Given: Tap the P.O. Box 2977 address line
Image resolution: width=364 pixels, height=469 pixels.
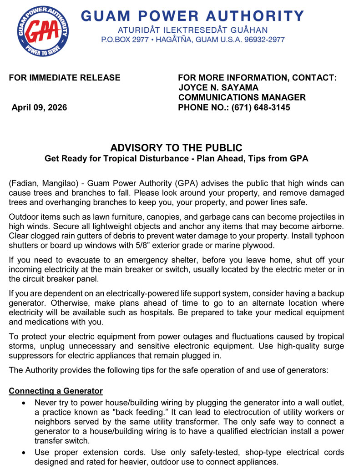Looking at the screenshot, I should click(193, 40).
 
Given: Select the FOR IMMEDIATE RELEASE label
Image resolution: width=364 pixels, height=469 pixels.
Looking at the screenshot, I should click(65, 78).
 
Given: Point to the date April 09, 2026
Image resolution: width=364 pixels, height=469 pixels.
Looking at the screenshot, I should click(39, 108).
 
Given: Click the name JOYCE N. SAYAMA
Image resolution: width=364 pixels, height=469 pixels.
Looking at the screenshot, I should click(218, 88).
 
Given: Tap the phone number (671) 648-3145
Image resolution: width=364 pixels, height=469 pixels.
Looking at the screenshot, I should click(260, 108).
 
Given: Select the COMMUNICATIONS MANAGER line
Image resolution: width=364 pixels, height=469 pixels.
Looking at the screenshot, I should click(242, 98).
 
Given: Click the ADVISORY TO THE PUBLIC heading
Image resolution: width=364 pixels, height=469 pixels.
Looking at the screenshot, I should click(177, 148).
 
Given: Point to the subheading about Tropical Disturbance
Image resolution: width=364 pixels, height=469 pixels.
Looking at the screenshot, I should click(177, 159).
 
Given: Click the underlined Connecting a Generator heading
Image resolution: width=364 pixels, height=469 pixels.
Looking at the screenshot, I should click(56, 391).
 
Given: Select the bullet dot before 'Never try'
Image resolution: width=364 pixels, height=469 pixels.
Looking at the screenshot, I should click(24, 403).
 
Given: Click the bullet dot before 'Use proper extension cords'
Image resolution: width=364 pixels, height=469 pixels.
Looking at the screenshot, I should click(24, 452).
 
